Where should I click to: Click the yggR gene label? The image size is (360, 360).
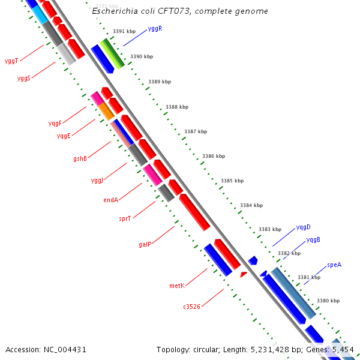[155, 29]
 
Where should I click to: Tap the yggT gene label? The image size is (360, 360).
[11, 61]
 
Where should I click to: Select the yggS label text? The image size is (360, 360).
[24, 79]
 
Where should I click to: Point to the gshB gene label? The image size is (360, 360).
[80, 159]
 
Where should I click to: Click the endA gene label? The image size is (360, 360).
[110, 200]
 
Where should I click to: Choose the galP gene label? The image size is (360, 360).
[145, 245]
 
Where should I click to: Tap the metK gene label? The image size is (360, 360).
[176, 286]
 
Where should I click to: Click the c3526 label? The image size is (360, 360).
[192, 307]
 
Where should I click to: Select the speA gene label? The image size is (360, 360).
[334, 265]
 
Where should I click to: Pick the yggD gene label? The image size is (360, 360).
[303, 227]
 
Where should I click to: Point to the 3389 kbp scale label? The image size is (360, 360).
[160, 82]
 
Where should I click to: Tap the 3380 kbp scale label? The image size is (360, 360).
[328, 301]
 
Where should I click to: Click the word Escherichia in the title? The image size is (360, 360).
[112, 11]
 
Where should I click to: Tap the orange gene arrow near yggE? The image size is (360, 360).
[106, 110]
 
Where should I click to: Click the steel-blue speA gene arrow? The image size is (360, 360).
[293, 293]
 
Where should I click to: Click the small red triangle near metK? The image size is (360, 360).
[243, 274]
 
